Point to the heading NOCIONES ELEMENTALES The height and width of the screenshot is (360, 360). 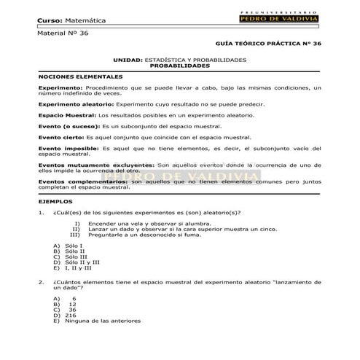pyautogui.click(x=80, y=76)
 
